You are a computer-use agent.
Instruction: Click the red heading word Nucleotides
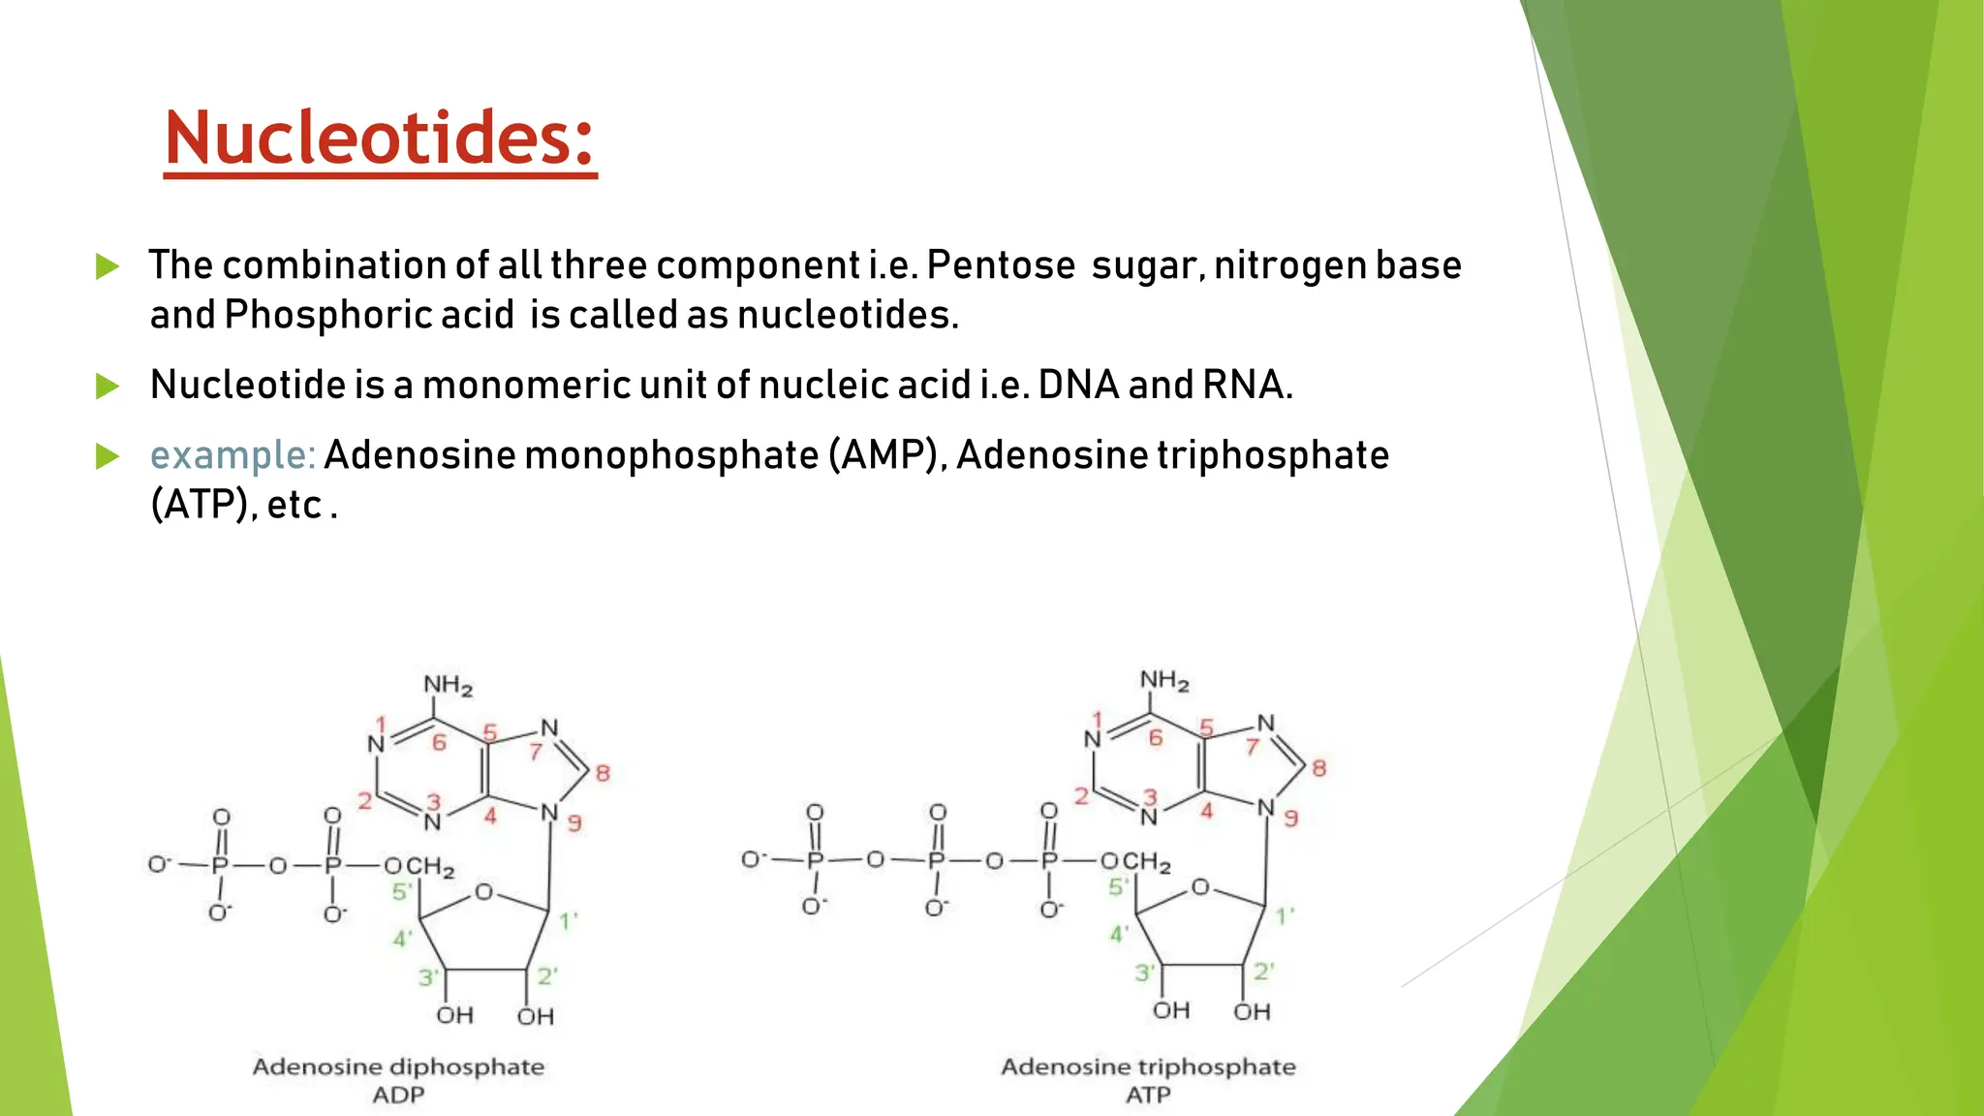tap(380, 139)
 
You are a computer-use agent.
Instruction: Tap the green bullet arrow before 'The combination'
tap(108, 266)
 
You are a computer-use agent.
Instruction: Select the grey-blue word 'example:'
tap(232, 455)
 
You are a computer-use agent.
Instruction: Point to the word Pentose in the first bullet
tap(1001, 265)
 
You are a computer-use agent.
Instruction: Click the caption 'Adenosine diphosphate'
tap(398, 1067)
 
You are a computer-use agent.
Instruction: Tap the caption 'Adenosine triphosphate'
tap(1148, 1067)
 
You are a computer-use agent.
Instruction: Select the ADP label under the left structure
tap(398, 1095)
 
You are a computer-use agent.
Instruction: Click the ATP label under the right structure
tap(1148, 1095)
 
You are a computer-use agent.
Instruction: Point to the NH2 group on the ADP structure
tap(448, 686)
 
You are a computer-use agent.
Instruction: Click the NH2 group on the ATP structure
tap(1164, 681)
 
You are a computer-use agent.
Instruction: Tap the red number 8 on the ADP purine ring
tap(603, 773)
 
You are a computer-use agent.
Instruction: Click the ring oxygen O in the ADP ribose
tap(483, 892)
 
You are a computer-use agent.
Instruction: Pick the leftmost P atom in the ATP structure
tap(815, 860)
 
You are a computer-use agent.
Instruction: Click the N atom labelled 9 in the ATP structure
tap(1265, 808)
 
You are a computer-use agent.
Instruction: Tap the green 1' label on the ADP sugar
tap(569, 920)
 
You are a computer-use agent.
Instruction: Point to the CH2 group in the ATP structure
tap(1147, 861)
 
